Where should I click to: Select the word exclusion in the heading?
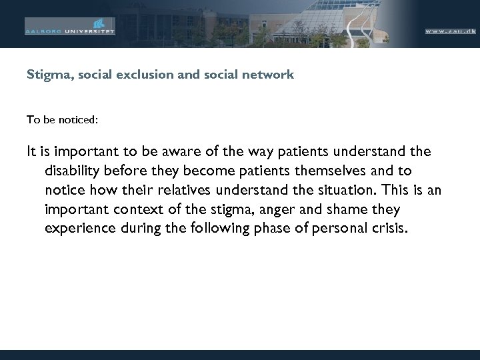pos(139,75)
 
